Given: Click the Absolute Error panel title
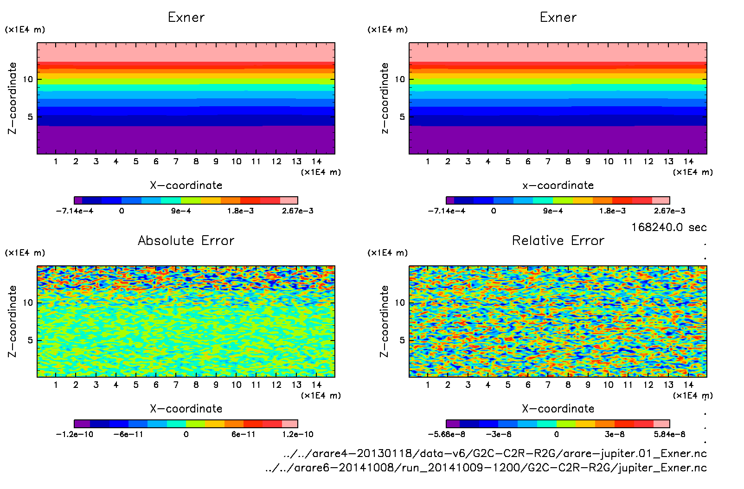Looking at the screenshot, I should point(186,240).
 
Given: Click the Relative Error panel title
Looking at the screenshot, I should point(558,240).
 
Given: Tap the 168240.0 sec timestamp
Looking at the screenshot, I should point(668,227).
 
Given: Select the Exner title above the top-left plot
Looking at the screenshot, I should point(186,18).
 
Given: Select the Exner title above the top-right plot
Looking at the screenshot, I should point(558,18).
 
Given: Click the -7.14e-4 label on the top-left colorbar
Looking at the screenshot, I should point(74,211).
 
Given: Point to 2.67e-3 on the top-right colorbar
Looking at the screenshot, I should point(670,211).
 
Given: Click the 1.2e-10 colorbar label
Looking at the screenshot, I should point(298,435).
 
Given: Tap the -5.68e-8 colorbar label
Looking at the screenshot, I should point(446,435).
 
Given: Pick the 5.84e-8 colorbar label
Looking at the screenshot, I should point(670,435).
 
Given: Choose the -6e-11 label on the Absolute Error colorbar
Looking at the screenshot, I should point(128,435).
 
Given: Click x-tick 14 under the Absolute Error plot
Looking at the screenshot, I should point(316,385).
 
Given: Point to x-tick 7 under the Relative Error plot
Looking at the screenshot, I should point(548,385).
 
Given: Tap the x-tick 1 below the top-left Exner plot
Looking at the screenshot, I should point(56,161).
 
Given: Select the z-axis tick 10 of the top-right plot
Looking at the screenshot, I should point(400,79).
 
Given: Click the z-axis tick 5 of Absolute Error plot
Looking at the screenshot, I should point(30,340).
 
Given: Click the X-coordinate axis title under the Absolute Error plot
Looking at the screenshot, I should point(186,409).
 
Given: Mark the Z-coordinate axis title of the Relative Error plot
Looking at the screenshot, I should point(384,321).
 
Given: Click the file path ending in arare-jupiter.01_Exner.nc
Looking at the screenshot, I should point(495,453).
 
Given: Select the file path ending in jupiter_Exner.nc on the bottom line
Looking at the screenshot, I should point(486,468).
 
